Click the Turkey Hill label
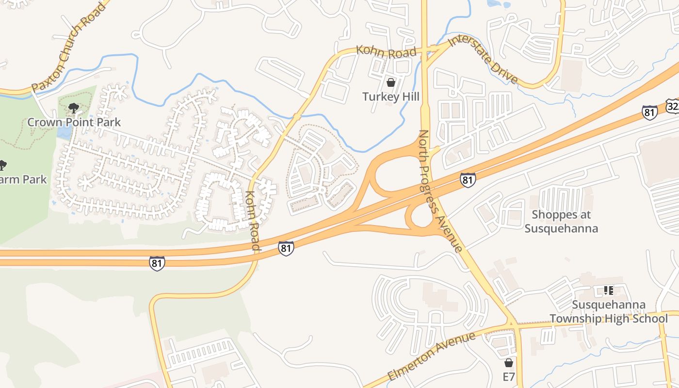391,97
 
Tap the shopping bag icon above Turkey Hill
391,82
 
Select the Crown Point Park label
74,122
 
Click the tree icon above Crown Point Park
74,108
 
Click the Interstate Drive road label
483,59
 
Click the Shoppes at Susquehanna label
561,221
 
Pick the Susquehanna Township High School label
608,311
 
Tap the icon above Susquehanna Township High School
608,291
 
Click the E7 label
509,377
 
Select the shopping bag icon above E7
509,363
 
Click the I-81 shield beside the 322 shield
649,113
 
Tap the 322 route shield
673,106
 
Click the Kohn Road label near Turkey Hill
386,51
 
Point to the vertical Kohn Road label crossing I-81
253,221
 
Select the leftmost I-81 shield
157,263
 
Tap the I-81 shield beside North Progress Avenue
468,180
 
